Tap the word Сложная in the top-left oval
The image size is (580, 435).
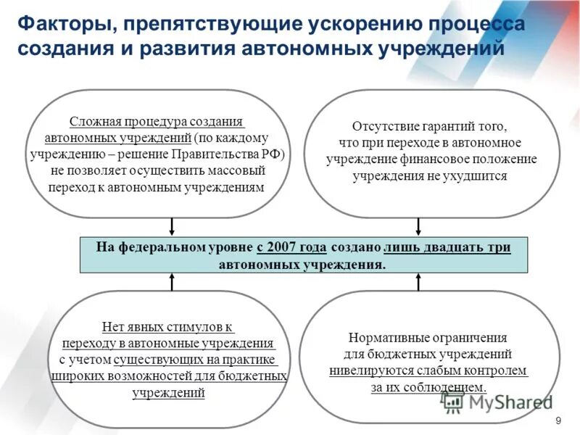pyautogui.click(x=94, y=122)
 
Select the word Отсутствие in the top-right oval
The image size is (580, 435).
pyautogui.click(x=384, y=125)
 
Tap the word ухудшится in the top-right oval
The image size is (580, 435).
pyautogui.click(x=482, y=175)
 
